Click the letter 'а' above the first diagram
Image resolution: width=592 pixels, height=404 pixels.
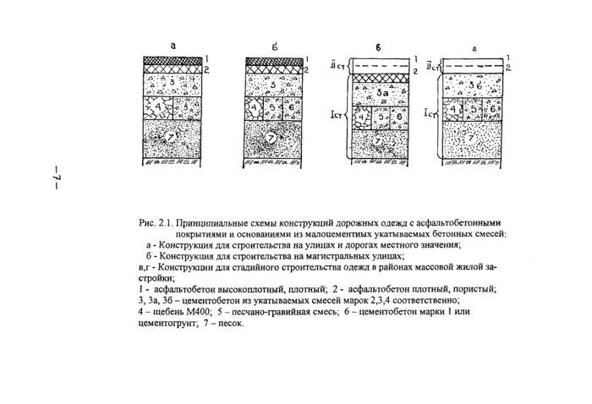[x=173, y=46]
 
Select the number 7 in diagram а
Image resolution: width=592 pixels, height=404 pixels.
[x=169, y=137]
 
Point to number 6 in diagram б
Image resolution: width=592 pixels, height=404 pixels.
[x=290, y=109]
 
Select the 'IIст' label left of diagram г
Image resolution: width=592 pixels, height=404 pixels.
[x=433, y=62]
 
